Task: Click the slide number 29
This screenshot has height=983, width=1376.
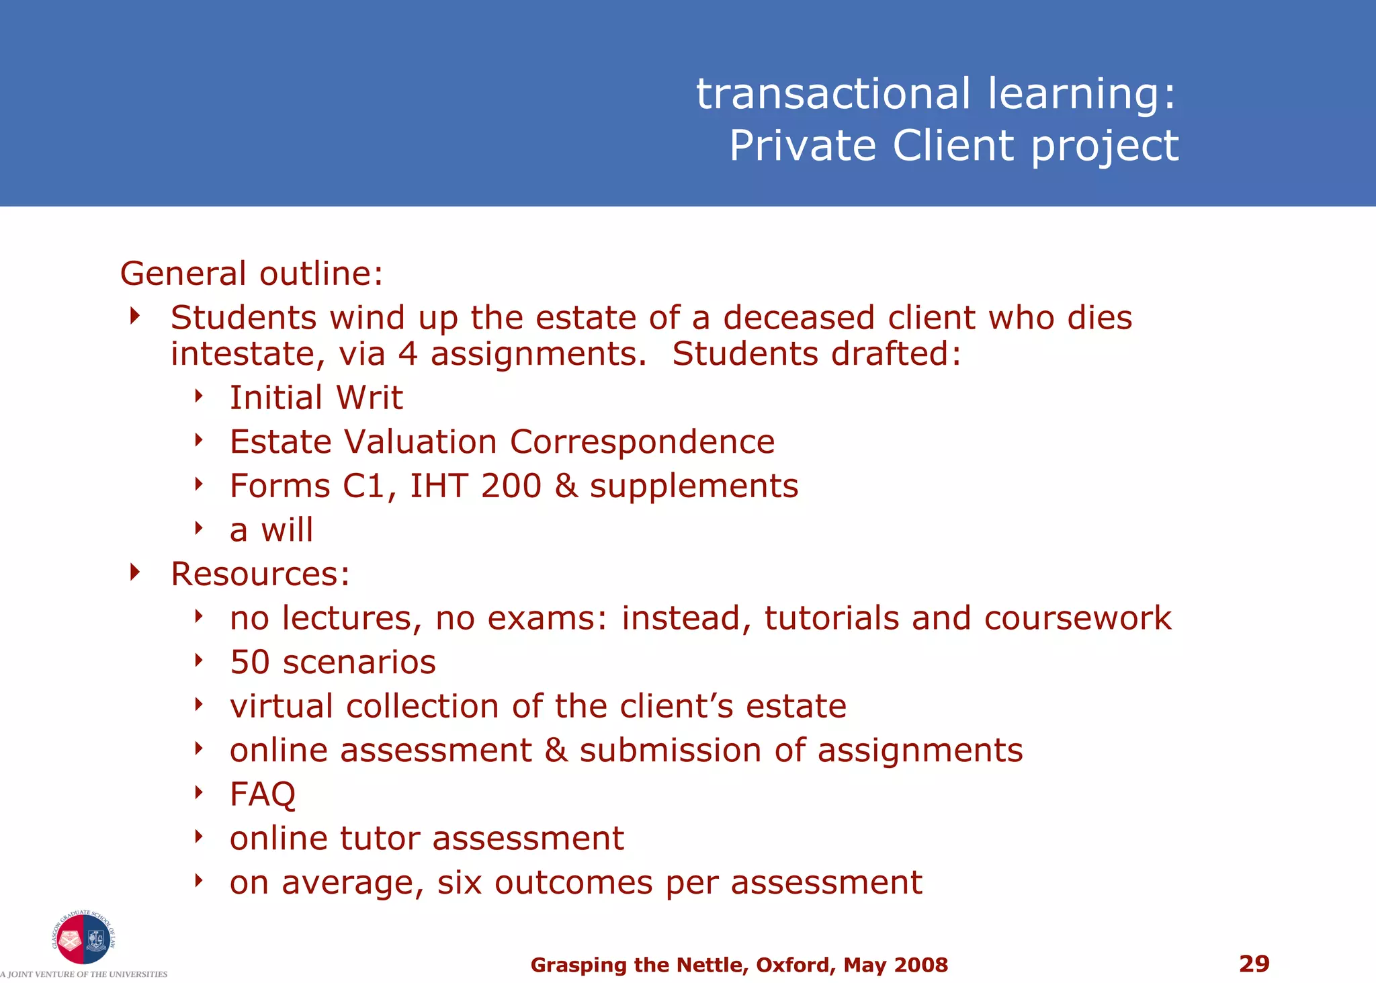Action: click(x=1254, y=964)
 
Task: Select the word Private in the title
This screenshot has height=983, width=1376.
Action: click(x=803, y=146)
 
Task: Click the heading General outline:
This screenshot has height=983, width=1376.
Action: click(x=251, y=273)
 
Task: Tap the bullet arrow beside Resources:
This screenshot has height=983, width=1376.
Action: click(x=135, y=572)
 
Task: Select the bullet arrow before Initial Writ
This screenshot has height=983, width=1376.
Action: click(x=198, y=396)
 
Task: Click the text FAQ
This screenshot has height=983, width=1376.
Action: click(x=262, y=794)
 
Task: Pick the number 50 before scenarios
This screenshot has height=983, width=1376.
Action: click(x=249, y=662)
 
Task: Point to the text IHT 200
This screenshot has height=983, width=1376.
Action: click(x=475, y=486)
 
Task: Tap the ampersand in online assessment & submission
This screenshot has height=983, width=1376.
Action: click(x=556, y=751)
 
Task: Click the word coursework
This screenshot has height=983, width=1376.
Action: click(x=1078, y=618)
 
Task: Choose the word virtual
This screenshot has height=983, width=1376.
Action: click(x=282, y=706)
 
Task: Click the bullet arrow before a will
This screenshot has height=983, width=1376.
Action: click(x=198, y=528)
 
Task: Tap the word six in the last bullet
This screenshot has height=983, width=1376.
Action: click(x=460, y=882)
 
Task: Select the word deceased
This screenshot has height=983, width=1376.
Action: click(x=798, y=318)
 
